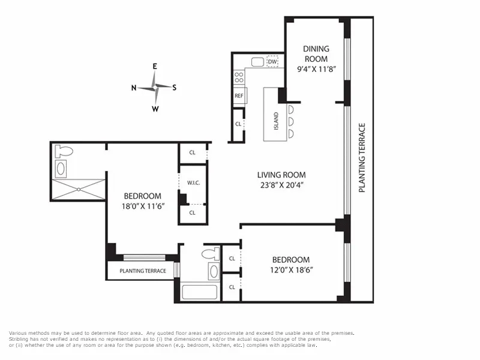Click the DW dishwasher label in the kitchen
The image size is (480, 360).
point(272,62)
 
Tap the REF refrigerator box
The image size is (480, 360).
point(239,96)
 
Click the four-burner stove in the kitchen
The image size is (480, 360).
point(239,77)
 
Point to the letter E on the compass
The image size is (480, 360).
point(155,67)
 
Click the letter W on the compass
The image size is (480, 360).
point(155,109)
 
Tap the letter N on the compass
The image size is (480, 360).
point(134,88)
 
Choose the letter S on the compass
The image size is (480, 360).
point(175,88)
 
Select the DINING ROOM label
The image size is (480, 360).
point(316,54)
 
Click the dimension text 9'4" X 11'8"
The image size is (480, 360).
point(316,69)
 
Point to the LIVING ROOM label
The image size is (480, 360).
point(278,175)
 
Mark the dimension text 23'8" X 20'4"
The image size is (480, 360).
point(278,185)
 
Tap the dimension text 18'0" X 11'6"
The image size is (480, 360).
point(143,206)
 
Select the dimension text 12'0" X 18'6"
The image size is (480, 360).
point(291,270)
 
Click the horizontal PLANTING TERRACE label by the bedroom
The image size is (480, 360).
point(143,271)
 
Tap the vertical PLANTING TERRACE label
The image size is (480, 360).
point(362,158)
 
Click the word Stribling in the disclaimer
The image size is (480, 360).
point(20,339)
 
